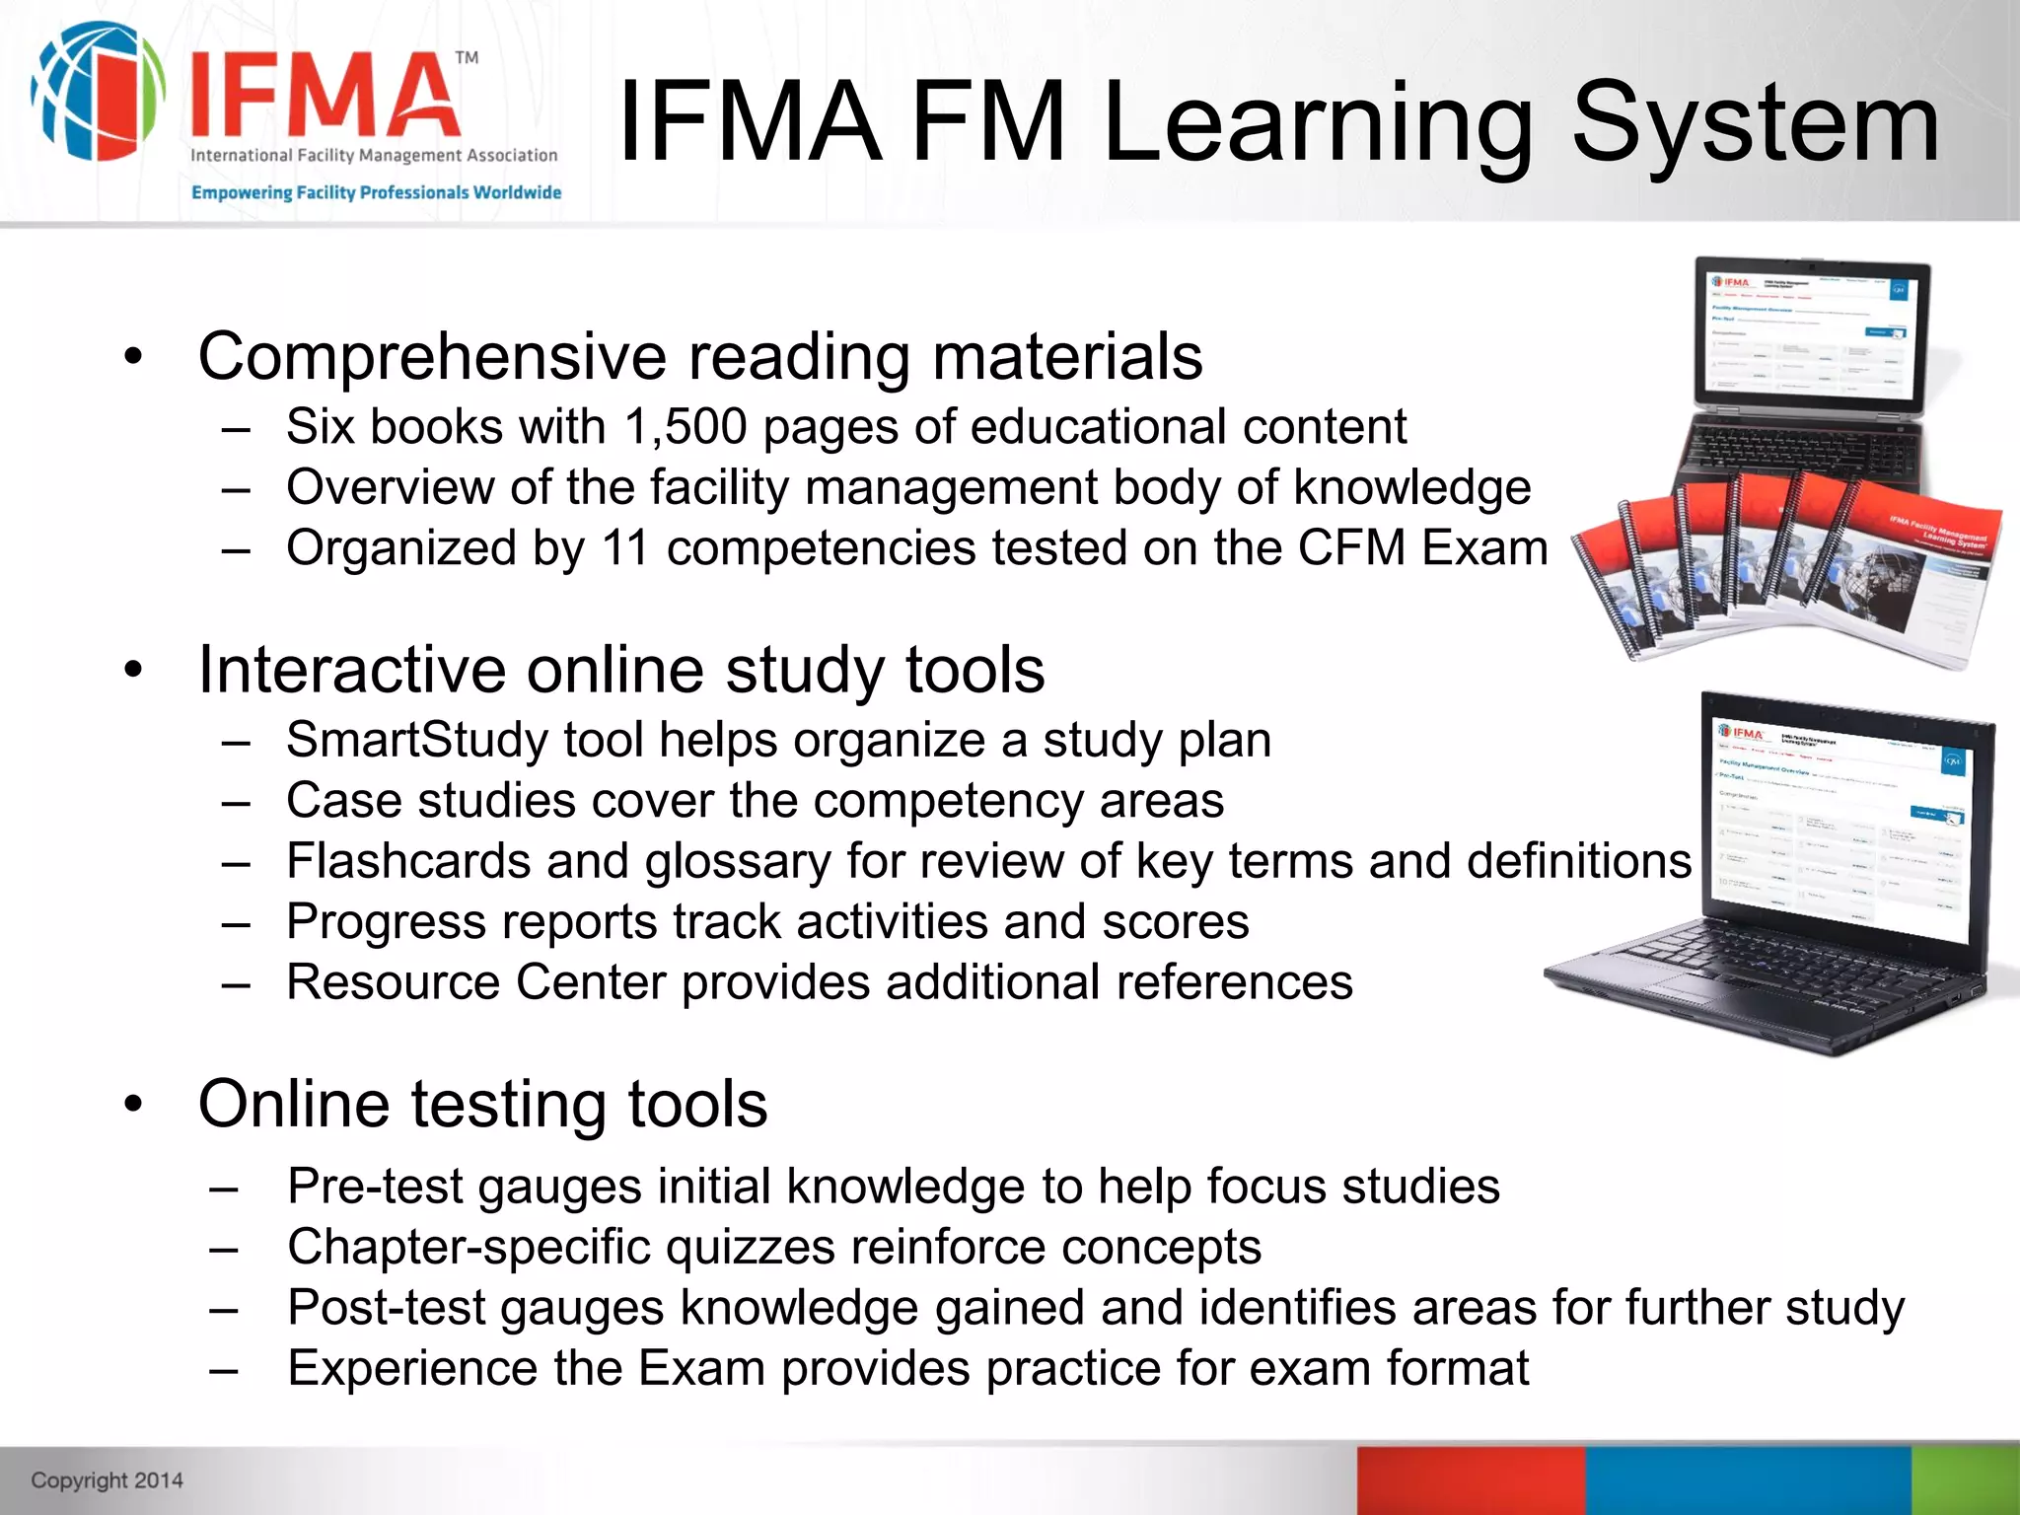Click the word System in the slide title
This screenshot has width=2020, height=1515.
coord(1755,124)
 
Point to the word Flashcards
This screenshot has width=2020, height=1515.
coord(407,861)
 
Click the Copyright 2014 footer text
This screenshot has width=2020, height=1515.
coord(107,1479)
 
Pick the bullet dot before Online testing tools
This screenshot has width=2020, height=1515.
coord(134,1105)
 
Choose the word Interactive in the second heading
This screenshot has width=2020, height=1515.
coord(352,670)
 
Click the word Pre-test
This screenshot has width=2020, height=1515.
coord(374,1187)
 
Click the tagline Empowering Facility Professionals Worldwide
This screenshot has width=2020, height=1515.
coord(376,192)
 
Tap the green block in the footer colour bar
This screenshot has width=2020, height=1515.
coord(1965,1479)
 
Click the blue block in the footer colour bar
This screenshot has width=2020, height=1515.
coord(1748,1479)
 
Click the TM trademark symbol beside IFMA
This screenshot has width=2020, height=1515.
coord(467,58)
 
